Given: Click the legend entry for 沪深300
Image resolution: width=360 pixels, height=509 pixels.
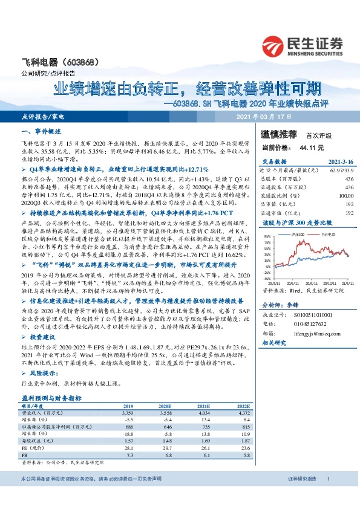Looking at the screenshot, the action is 293,233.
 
